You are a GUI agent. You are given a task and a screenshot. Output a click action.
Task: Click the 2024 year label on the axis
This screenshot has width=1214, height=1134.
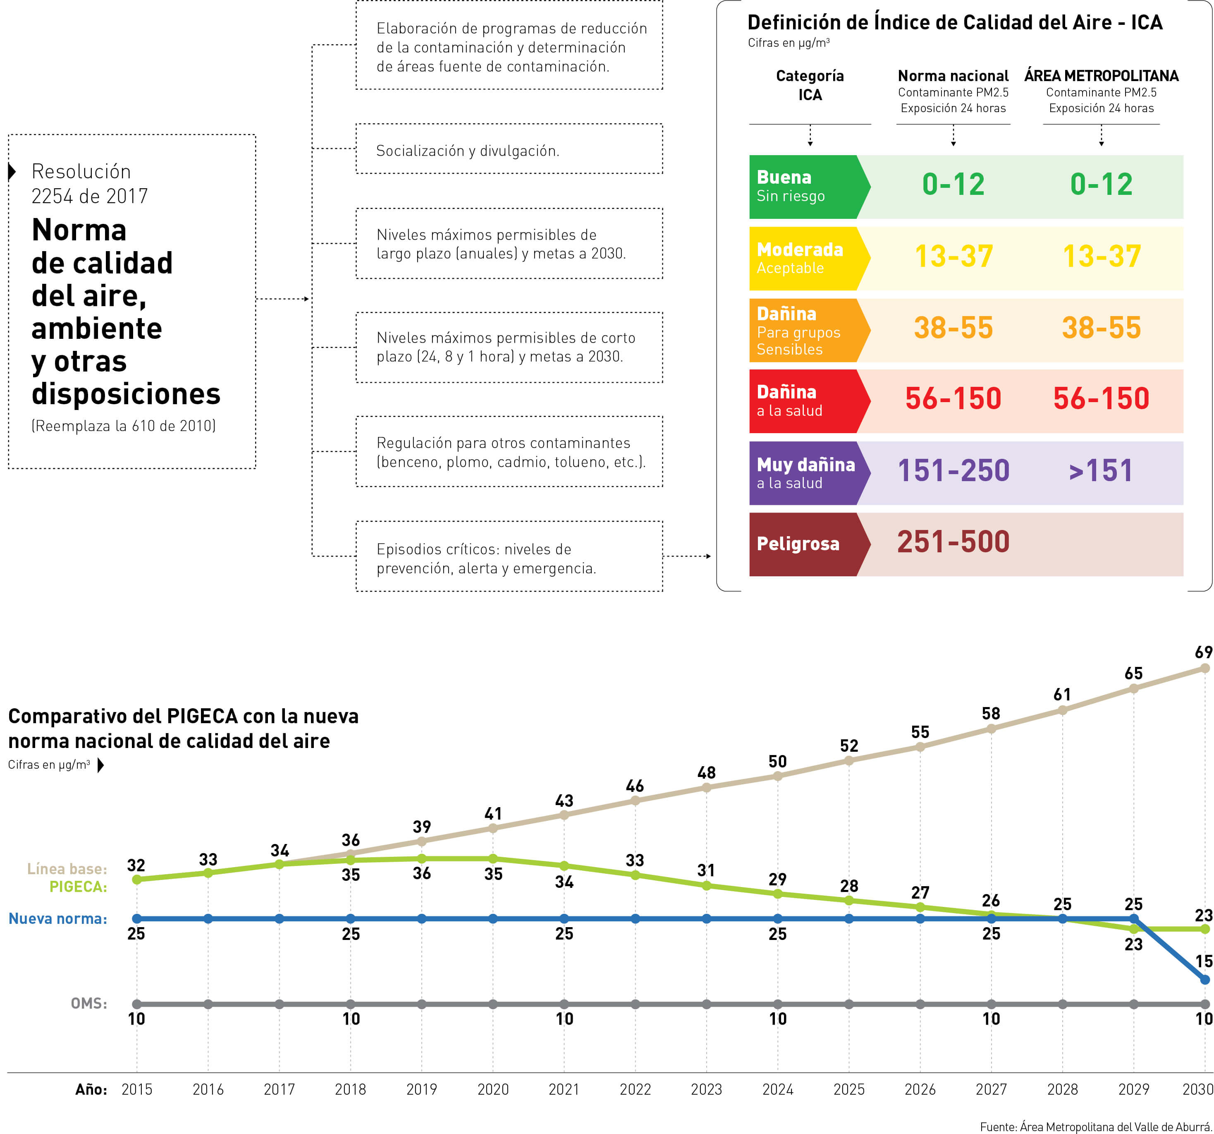coord(777,1089)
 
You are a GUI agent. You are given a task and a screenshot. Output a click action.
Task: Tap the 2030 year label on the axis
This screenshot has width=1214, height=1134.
coord(1197,1089)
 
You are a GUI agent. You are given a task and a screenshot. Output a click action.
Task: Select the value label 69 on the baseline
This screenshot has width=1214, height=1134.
coord(1203,652)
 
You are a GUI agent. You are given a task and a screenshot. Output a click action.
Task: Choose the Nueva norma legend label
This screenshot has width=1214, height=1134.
coord(58,918)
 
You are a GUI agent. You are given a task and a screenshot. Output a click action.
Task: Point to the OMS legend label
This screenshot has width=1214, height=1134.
coord(88,1003)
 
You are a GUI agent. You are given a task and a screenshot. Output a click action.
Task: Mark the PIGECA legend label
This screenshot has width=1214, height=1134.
coord(78,887)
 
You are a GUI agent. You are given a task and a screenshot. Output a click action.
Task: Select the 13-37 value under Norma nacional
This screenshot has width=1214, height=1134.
coord(953,257)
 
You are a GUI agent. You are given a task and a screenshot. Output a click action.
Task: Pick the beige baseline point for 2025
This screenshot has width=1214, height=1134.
coord(849,761)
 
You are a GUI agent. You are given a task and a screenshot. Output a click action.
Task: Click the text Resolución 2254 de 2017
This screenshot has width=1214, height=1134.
coord(89,183)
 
